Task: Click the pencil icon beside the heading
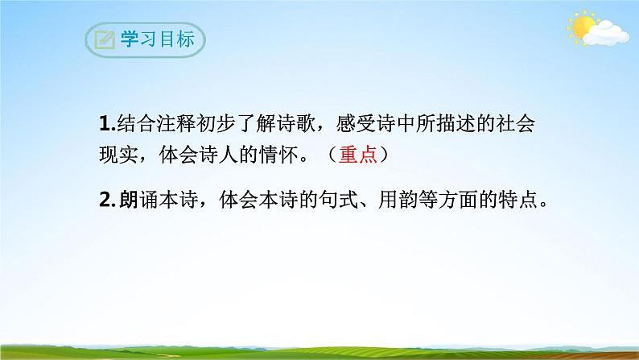tap(104, 40)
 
